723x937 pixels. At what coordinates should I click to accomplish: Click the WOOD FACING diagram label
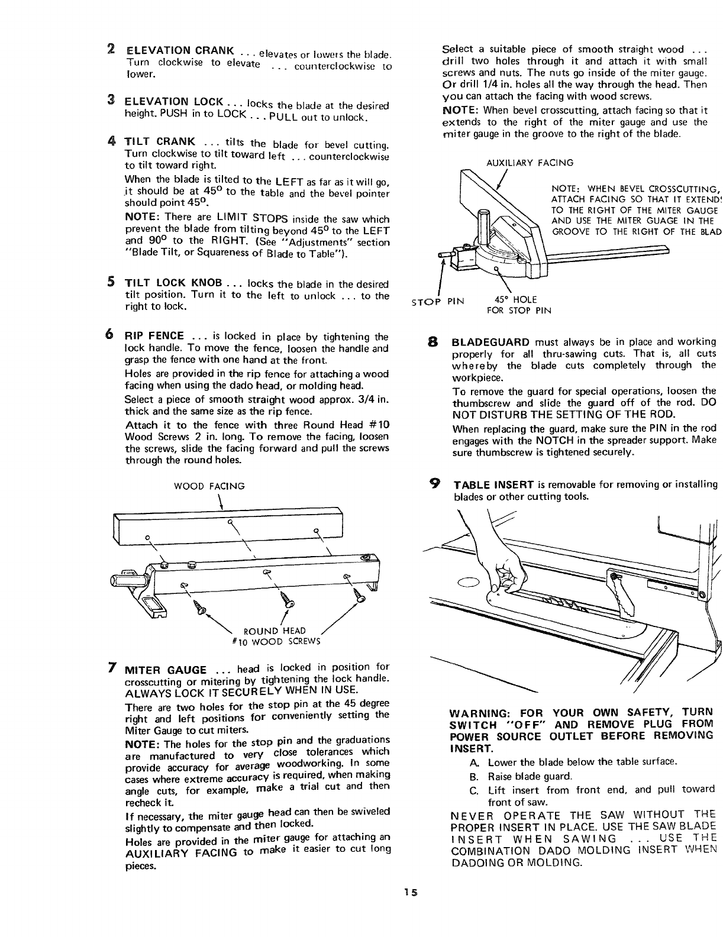(x=209, y=486)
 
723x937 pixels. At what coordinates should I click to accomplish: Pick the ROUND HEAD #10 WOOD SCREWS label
(x=275, y=635)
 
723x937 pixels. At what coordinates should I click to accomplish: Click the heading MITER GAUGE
(x=165, y=671)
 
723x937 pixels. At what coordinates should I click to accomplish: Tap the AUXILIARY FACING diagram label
(x=530, y=163)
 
